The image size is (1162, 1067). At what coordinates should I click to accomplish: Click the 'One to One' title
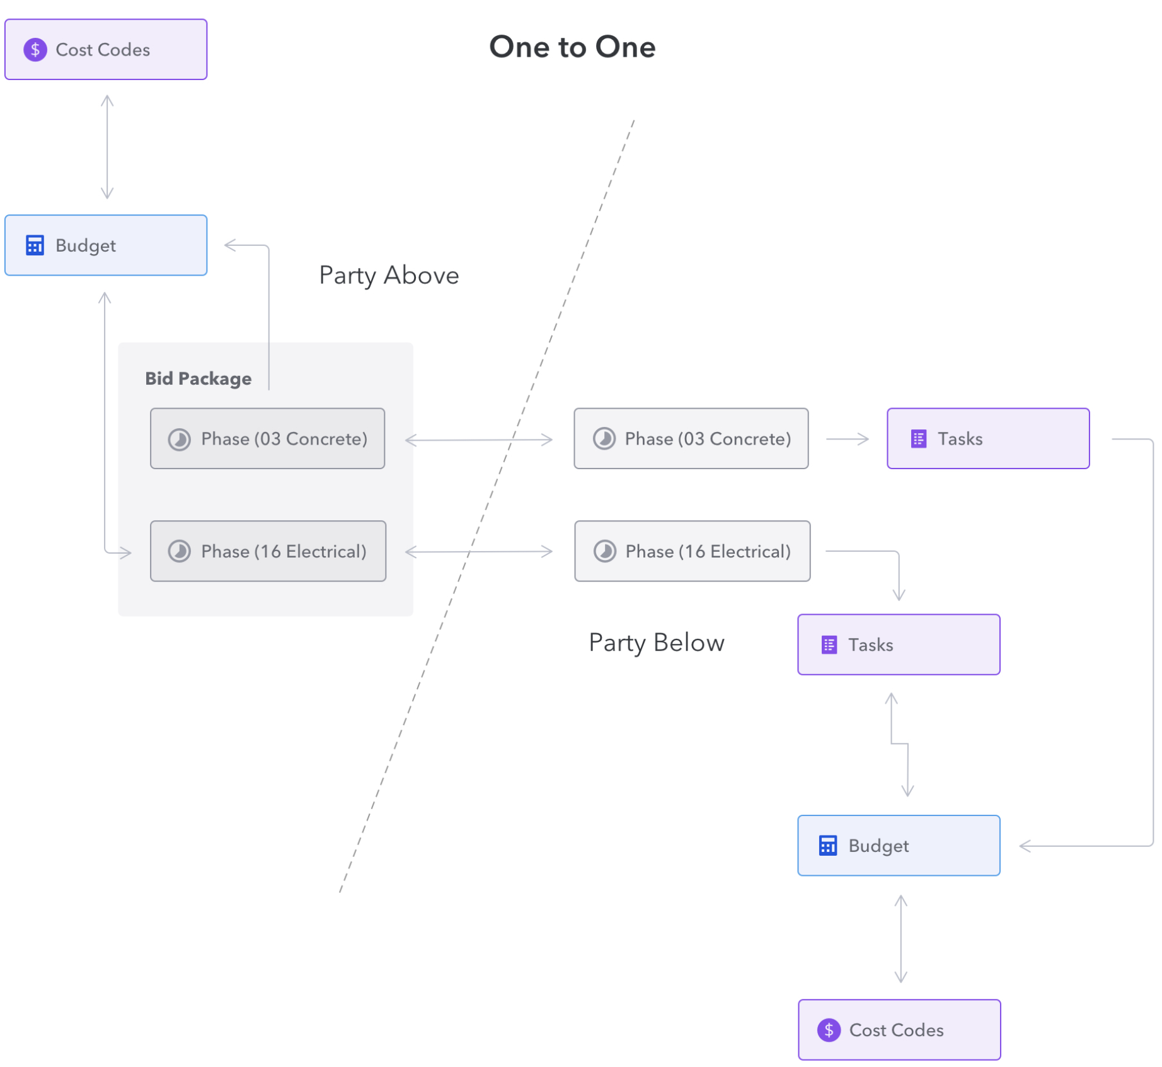[572, 47]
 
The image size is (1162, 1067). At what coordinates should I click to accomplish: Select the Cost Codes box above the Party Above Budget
[106, 49]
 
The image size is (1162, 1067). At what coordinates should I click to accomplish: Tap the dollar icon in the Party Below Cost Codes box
[829, 1030]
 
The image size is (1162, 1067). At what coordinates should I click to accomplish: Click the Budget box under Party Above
[106, 245]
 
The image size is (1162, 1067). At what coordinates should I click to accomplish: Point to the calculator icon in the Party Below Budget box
[827, 845]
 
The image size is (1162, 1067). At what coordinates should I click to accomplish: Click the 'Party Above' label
[389, 276]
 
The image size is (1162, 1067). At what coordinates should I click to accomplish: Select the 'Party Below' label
[657, 643]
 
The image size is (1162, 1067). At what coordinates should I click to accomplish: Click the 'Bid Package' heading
[198, 378]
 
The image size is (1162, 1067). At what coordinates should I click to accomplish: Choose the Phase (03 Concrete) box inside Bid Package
[267, 438]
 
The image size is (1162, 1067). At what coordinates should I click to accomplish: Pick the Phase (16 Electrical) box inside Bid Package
[268, 551]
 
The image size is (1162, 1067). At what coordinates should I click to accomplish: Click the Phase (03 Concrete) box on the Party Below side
[691, 438]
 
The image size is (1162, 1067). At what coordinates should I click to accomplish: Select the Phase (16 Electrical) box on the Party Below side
[692, 551]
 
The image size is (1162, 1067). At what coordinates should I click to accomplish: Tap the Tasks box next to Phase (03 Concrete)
[988, 438]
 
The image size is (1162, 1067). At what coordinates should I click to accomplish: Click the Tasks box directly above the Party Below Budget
[899, 644]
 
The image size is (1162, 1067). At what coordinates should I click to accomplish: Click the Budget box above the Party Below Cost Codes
[899, 845]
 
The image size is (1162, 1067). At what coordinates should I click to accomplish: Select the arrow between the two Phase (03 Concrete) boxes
[479, 440]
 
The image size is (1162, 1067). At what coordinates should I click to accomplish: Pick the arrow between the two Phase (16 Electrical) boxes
[479, 552]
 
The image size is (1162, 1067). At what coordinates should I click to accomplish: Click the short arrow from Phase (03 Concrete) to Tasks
[848, 439]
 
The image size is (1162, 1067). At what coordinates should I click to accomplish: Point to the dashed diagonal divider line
[487, 506]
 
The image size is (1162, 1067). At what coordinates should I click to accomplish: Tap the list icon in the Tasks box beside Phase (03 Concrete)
[918, 438]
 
